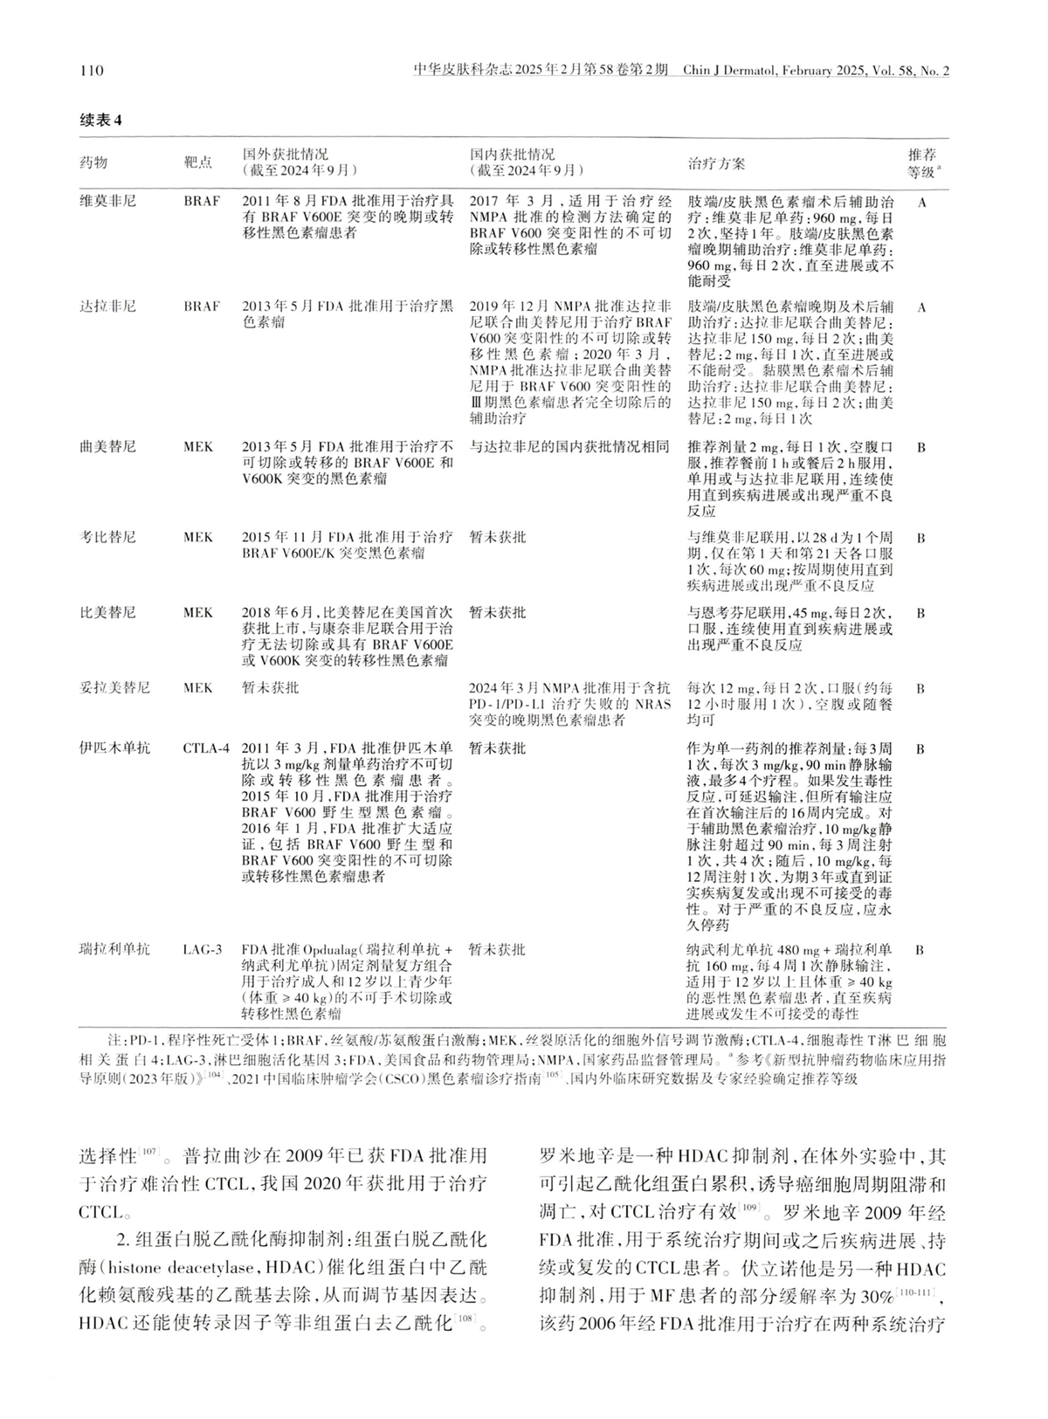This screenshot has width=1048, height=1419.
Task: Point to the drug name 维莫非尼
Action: pyautogui.click(x=108, y=201)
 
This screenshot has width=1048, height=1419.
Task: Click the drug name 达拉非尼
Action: pyautogui.click(x=108, y=307)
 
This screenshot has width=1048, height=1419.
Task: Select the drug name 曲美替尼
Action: pyautogui.click(x=108, y=447)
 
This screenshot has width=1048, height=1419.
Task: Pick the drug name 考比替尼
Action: pyautogui.click(x=108, y=537)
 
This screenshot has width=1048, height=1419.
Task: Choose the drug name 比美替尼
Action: pyautogui.click(x=108, y=612)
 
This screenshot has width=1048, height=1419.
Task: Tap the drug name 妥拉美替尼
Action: pyautogui.click(x=115, y=687)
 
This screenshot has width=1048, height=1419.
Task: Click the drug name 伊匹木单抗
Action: pyautogui.click(x=115, y=748)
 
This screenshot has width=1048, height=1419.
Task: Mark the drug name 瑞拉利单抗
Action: pyautogui.click(x=115, y=949)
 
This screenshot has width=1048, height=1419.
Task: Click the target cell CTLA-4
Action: pyautogui.click(x=207, y=748)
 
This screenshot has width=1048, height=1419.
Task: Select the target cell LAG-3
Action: pyautogui.click(x=203, y=949)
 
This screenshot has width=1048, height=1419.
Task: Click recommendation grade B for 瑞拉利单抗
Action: pyautogui.click(x=921, y=949)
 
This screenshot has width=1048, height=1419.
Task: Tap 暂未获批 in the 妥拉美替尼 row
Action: pyautogui.click(x=271, y=687)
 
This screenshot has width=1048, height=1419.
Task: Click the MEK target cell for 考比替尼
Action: pyautogui.click(x=198, y=537)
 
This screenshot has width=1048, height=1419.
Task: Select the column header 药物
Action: pyautogui.click(x=93, y=162)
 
